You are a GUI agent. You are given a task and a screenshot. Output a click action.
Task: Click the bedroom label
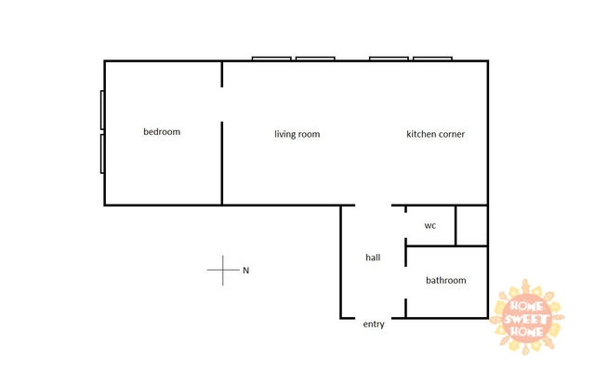pos(162,132)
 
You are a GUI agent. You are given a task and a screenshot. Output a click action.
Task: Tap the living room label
pos(297,134)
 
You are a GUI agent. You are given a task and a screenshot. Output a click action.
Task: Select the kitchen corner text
pos(436,134)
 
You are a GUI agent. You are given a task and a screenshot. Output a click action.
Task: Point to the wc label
pos(430,226)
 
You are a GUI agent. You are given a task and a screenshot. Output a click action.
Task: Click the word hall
pos(373,258)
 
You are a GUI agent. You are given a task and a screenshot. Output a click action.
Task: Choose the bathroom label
pos(446,280)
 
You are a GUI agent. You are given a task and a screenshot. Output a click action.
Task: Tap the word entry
pos(374,325)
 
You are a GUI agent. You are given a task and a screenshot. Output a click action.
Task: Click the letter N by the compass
pos(245,271)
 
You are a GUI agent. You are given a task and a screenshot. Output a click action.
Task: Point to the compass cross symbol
pos(223,270)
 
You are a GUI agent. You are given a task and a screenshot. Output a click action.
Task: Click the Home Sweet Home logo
pos(527,317)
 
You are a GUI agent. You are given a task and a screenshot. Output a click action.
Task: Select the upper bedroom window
pos(102,110)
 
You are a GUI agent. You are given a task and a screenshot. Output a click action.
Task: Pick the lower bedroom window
pos(102,153)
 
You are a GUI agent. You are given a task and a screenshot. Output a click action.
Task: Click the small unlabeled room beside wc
pos(471,226)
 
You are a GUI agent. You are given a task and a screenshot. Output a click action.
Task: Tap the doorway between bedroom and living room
pos(222,104)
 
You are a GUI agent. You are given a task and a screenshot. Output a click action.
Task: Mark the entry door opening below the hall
pos(374,318)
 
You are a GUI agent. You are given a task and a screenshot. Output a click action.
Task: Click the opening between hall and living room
pos(374,205)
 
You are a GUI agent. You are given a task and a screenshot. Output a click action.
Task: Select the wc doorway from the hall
pos(405,226)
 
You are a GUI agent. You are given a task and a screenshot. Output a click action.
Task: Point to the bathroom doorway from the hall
pos(405,283)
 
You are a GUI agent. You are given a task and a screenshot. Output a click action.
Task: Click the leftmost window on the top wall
pos(271,59)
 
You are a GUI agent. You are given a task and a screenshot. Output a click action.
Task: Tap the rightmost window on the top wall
pos(432,59)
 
